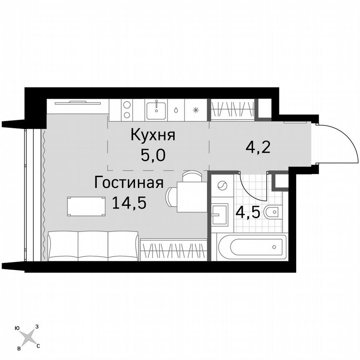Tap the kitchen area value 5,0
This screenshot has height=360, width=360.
click(153, 156)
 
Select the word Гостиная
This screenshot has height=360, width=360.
click(128, 182)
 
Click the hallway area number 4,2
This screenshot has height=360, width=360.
click(258, 147)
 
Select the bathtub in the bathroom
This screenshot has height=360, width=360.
click(252, 247)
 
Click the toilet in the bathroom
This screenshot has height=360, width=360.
click(274, 212)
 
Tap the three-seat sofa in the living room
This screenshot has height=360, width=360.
click(93, 246)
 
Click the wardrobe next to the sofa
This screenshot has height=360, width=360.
click(173, 249)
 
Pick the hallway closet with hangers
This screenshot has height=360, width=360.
click(232, 110)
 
